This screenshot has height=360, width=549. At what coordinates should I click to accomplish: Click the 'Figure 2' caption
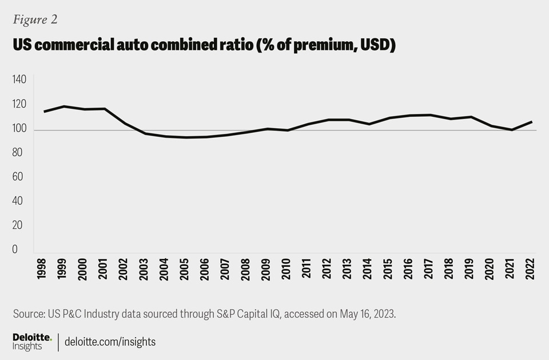[x=35, y=19]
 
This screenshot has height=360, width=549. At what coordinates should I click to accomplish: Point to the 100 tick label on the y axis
[x=19, y=129]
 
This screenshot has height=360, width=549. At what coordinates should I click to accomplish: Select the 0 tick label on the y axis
[x=15, y=250]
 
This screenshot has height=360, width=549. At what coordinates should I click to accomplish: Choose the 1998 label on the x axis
[x=42, y=267]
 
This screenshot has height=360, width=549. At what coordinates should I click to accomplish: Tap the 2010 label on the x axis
[x=286, y=267]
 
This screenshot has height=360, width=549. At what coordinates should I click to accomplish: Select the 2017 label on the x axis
[x=428, y=267]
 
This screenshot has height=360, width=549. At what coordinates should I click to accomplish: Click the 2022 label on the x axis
[x=531, y=267]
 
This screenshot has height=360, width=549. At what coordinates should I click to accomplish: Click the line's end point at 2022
[x=532, y=122]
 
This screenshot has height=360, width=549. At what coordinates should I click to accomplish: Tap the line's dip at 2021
[x=512, y=130]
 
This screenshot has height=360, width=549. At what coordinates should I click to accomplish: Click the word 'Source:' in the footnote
[x=29, y=314]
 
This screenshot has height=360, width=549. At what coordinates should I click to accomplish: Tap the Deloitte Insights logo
[x=32, y=342]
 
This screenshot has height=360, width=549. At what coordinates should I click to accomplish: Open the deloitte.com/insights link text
[x=110, y=342]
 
